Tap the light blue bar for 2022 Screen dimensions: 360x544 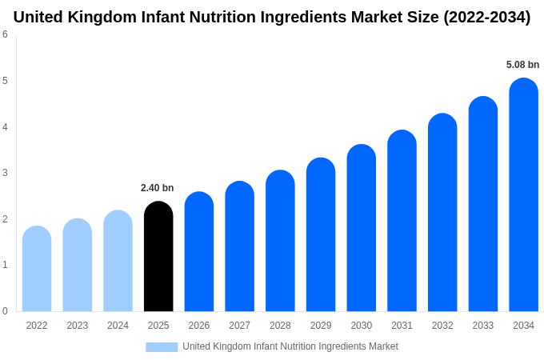(x=37, y=269)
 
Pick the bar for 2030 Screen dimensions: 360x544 (x=361, y=228)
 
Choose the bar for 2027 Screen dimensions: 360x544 (x=239, y=246)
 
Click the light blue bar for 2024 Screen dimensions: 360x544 (x=118, y=261)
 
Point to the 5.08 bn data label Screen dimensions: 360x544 (x=522, y=65)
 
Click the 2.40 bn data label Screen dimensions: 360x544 (x=157, y=188)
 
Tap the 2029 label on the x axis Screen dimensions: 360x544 (x=321, y=326)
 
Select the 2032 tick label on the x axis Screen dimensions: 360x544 (x=442, y=326)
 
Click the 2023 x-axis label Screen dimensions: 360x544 (x=78, y=326)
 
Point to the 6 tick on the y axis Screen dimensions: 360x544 (x=5, y=34)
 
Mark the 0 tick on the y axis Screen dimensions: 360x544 (x=5, y=311)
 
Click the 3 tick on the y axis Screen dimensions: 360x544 (x=5, y=173)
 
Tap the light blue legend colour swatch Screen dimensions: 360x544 (x=162, y=346)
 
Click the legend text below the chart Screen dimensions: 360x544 (x=290, y=346)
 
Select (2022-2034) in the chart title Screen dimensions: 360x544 (x=486, y=17)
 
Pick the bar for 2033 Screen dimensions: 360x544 (x=483, y=204)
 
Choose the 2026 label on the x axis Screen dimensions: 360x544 (x=199, y=326)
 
